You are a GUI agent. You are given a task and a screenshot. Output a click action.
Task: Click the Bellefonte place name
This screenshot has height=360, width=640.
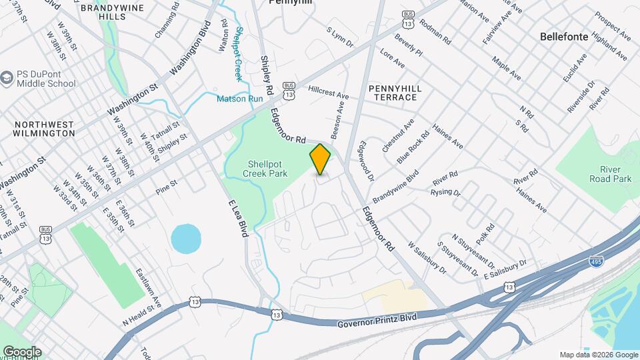coord(564,37)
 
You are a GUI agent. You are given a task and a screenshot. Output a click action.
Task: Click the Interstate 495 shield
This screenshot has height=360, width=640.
coord(597,262)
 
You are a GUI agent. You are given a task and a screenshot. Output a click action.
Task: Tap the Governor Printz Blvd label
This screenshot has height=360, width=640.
coord(377,321)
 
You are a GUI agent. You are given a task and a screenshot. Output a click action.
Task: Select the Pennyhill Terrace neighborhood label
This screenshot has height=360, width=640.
coord(392,92)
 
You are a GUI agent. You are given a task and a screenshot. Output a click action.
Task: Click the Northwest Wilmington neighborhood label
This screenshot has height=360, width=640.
coord(44,129)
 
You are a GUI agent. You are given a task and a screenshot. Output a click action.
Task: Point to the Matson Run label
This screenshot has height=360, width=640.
coord(240,99)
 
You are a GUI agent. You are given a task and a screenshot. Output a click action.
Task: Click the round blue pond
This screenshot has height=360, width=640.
coord(186,238)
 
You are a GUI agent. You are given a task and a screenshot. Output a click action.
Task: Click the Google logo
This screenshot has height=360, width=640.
coord(22,351)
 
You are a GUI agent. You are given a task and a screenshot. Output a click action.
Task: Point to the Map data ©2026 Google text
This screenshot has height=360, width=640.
coord(598,355)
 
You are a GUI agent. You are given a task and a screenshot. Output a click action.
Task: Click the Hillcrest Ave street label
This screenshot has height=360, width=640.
coord(328,92)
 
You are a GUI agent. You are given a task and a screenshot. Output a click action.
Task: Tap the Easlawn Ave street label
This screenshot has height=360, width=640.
coord(149,288)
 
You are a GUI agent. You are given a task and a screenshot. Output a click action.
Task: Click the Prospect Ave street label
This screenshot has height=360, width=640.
coord(613,25)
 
